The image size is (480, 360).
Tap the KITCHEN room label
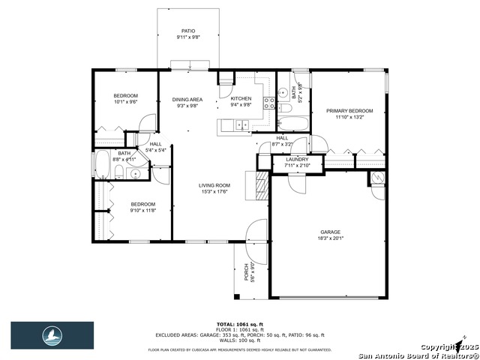pos(241,99)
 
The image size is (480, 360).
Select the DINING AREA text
pos(187,99)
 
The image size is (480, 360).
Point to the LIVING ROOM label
pos(214,185)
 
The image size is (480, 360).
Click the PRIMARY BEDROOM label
pos(349,111)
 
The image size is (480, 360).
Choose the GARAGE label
pos(331,232)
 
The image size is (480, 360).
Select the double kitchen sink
pos(240,124)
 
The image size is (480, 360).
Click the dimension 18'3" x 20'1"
pos(331,239)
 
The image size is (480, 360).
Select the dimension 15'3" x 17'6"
pos(214,192)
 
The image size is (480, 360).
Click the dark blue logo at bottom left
pos(52,335)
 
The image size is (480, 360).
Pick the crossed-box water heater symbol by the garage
pos(378,178)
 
